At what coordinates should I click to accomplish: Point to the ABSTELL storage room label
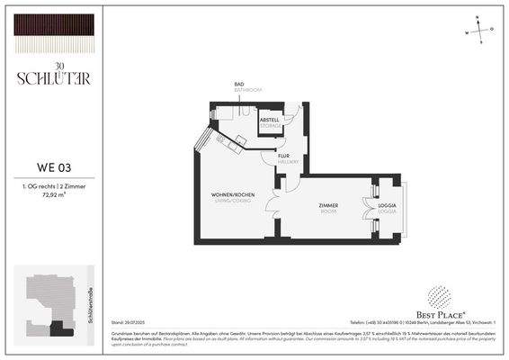coord(270,121)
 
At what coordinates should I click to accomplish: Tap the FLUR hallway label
coord(283,156)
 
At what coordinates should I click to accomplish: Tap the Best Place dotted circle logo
coord(438,297)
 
